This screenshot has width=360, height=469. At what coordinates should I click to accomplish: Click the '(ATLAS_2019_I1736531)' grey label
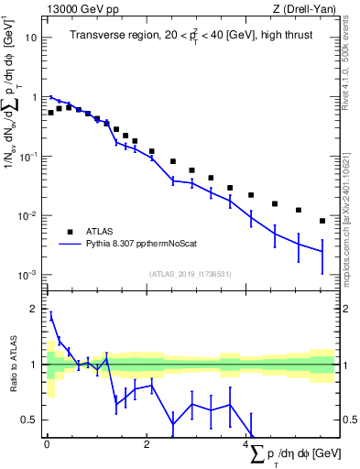190,274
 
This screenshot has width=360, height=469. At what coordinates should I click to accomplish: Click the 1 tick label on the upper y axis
35,97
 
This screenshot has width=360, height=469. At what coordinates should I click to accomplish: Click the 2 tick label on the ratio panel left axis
34,310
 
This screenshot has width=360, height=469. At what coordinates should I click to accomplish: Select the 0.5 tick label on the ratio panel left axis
30,420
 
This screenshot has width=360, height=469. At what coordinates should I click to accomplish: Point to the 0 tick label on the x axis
47,444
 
